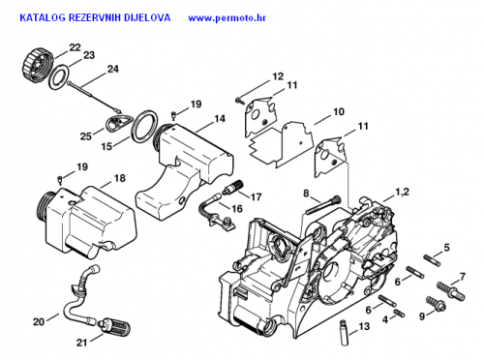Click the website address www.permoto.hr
(227, 17)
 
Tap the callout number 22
(75, 47)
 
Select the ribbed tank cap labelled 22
(38, 66)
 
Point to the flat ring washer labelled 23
(59, 77)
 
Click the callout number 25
(86, 136)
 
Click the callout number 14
(220, 119)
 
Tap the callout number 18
(120, 178)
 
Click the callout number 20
(39, 321)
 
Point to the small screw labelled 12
(239, 101)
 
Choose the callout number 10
(339, 111)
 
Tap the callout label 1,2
(402, 193)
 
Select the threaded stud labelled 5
(432, 260)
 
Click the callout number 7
(463, 277)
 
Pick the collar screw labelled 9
(436, 304)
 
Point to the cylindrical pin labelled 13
(345, 333)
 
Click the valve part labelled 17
(233, 188)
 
